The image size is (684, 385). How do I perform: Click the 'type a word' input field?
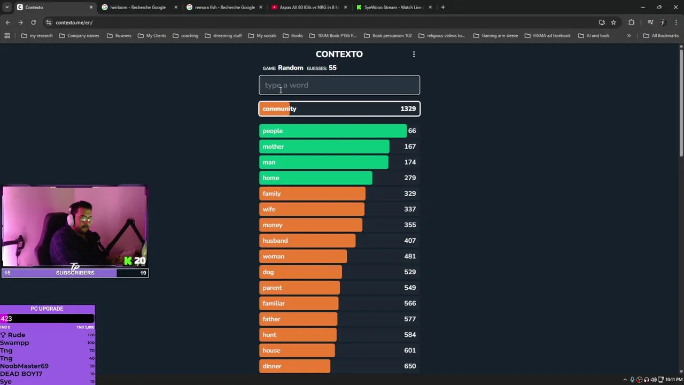point(339,85)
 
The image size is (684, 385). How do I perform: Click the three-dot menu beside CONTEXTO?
point(414,54)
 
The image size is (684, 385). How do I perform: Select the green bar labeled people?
point(332,131)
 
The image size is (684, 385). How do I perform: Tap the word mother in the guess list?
point(273,147)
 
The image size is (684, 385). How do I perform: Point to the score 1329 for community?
point(408,109)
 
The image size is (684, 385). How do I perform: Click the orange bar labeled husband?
point(307,241)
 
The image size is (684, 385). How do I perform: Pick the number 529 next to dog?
point(410,272)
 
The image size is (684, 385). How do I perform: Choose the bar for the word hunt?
point(298,335)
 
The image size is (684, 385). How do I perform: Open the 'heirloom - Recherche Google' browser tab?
point(138,7)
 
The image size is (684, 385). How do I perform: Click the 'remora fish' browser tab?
point(224,7)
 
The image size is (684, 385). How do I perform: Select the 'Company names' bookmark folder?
point(83,36)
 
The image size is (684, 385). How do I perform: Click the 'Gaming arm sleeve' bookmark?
point(500,36)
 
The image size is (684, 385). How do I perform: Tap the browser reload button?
point(33,22)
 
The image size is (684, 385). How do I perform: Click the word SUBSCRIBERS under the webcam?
point(75,273)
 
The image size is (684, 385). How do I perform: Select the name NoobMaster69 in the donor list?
point(24,366)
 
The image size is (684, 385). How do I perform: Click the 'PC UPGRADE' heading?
point(47,309)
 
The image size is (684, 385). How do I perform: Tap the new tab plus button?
point(443,7)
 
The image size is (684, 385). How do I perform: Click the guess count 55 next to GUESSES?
point(332,68)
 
